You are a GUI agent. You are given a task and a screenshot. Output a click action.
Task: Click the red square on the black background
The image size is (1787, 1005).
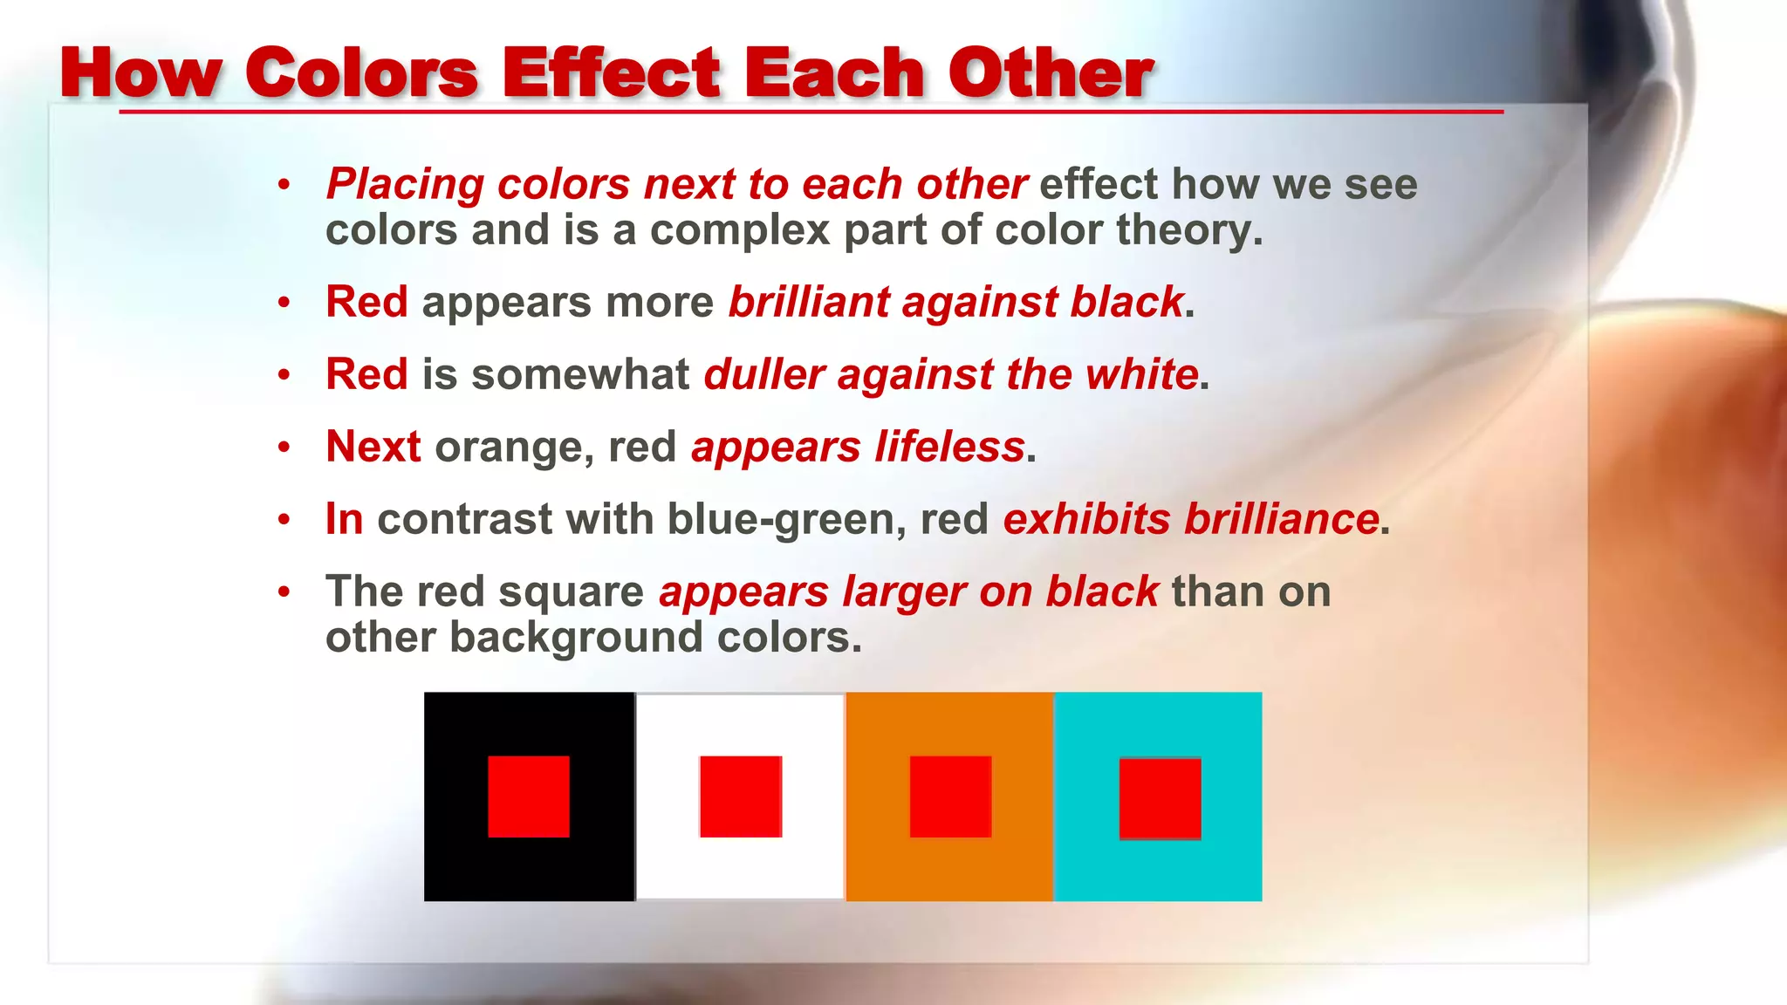coord(528,796)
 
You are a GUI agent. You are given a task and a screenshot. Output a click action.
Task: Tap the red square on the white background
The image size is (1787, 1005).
coord(740,796)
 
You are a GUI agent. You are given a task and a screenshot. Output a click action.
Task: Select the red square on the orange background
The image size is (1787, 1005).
coord(950,796)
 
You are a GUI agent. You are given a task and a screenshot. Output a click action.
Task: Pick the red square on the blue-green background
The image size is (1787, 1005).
coord(1160,798)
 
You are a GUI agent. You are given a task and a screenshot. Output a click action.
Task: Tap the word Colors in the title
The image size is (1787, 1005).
coord(361,73)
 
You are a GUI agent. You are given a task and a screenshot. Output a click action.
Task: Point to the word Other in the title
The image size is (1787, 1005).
coord(1051,73)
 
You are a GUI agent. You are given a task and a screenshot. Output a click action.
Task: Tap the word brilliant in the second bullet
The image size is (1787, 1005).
coord(807,303)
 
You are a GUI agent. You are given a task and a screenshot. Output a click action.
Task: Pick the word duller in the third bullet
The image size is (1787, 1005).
coord(763,375)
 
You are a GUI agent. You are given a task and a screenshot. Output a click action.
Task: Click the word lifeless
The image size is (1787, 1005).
coord(949,448)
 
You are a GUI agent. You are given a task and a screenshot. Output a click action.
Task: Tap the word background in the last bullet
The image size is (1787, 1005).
coord(576,638)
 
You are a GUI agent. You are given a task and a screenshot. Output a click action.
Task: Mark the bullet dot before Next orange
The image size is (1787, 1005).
coord(284,448)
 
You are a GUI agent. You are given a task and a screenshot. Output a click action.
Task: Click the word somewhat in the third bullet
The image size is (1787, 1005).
coord(580,375)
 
